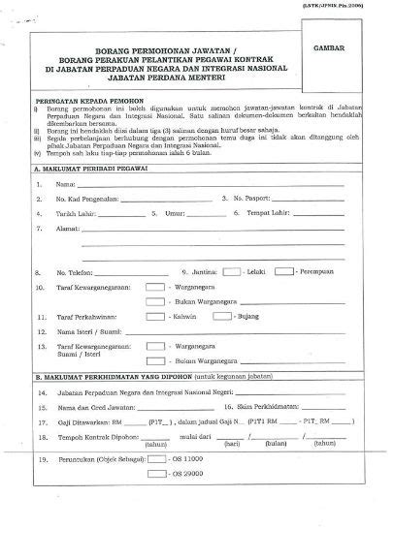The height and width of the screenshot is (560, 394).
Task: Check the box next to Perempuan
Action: click(x=284, y=272)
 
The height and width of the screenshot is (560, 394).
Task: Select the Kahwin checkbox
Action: click(x=155, y=317)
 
